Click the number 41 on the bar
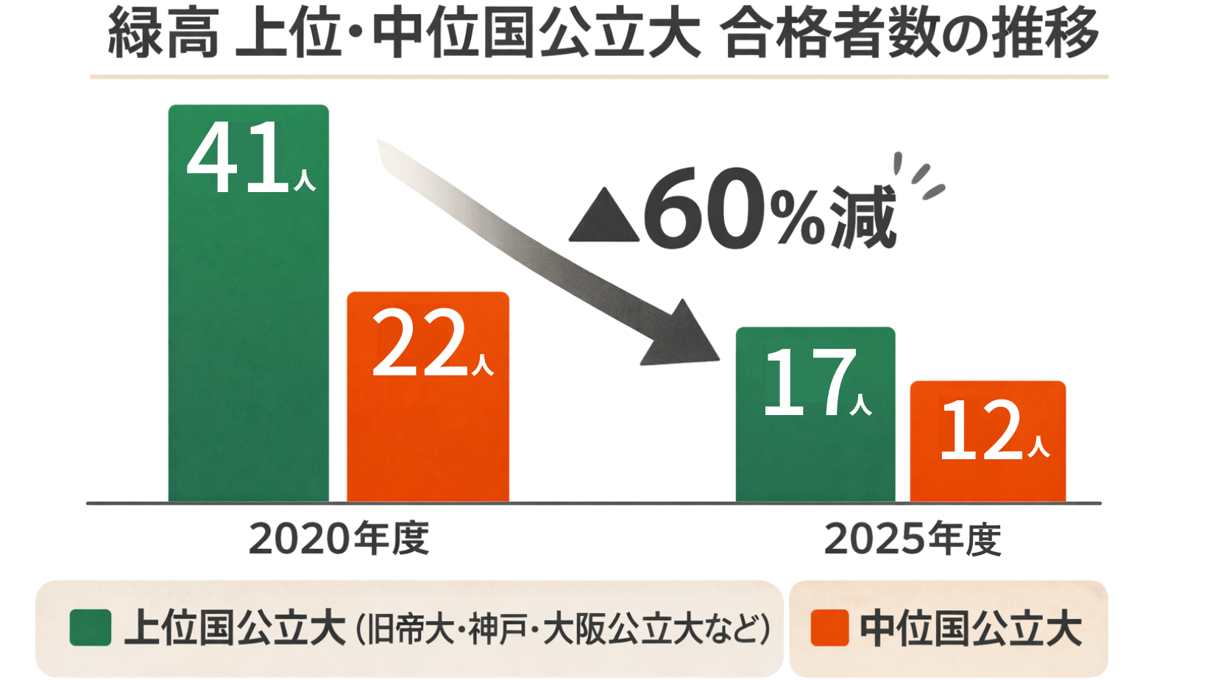[236, 157]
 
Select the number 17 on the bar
[808, 383]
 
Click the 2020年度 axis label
[339, 539]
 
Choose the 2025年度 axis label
[913, 539]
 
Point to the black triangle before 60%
[603, 218]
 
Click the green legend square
[91, 628]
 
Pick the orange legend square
[829, 628]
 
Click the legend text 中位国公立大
[970, 628]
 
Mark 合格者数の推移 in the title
[910, 34]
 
